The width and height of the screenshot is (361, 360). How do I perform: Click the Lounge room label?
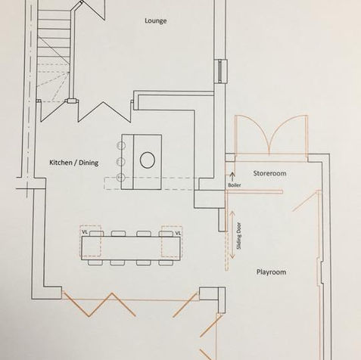(x=156, y=21)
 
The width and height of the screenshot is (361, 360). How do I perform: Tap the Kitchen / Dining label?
(x=74, y=163)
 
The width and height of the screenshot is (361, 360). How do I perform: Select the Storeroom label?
(x=269, y=173)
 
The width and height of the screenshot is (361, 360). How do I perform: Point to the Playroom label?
(x=271, y=272)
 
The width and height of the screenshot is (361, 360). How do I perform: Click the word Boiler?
(x=235, y=185)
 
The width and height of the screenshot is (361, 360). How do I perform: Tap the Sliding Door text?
(x=239, y=236)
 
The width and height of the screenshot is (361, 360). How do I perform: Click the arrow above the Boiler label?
(x=232, y=176)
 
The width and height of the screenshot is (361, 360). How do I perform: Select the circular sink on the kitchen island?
(x=148, y=160)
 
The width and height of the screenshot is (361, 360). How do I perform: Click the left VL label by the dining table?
(x=85, y=232)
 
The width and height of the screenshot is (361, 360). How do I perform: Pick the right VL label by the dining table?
(x=178, y=234)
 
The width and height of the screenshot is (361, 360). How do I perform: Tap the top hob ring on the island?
(x=120, y=145)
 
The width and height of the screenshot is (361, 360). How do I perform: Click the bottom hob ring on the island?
(x=120, y=178)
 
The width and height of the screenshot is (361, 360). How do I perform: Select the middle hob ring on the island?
(x=120, y=161)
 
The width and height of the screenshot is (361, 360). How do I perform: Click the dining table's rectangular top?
(x=131, y=248)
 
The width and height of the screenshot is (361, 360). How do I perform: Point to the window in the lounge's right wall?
(x=221, y=71)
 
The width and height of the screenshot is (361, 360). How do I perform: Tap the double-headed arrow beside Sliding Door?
(x=232, y=235)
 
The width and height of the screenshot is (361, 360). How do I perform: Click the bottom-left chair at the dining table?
(x=95, y=262)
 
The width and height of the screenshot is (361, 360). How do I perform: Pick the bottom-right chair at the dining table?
(x=166, y=262)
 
